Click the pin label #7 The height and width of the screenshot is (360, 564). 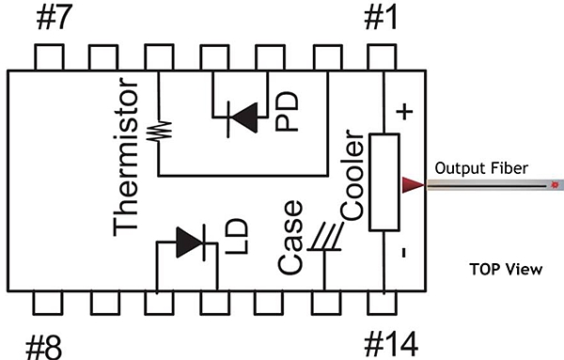pyautogui.click(x=55, y=17)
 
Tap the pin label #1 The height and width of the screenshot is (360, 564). pyautogui.click(x=381, y=18)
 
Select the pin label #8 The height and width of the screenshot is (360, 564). pyautogui.click(x=44, y=346)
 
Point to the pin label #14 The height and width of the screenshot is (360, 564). pyautogui.click(x=391, y=344)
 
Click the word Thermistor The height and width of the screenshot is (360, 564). pyautogui.click(x=126, y=157)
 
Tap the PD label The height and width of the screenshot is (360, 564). pyautogui.click(x=287, y=111)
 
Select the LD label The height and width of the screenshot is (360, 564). pyautogui.click(x=237, y=236)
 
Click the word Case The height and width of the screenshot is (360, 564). pyautogui.click(x=290, y=238)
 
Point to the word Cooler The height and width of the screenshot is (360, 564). pyautogui.click(x=352, y=175)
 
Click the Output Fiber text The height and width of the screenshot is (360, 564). pyautogui.click(x=481, y=168)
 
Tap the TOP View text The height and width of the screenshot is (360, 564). pyautogui.click(x=506, y=269)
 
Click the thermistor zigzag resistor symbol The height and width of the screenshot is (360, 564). pyautogui.click(x=160, y=131)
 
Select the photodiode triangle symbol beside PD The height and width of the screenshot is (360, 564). pyautogui.click(x=244, y=117)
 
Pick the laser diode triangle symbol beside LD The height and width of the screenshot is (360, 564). pyautogui.click(x=191, y=243)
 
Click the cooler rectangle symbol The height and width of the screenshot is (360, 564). pyautogui.click(x=384, y=182)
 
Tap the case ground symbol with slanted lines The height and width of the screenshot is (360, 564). pyautogui.click(x=325, y=237)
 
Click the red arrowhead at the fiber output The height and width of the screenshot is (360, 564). pyautogui.click(x=413, y=185)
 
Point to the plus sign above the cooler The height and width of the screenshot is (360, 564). pyautogui.click(x=404, y=112)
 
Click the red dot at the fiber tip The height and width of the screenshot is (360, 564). pyautogui.click(x=555, y=185)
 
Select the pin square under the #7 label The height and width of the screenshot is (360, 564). pyautogui.click(x=49, y=56)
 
